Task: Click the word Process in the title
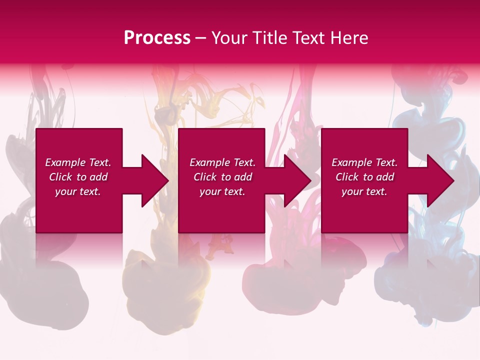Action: [157, 38]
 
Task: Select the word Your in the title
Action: [230, 38]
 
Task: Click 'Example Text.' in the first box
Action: [78, 162]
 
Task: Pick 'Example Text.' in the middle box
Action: [222, 162]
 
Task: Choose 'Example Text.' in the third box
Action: [364, 162]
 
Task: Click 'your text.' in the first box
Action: [78, 191]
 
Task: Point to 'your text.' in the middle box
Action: [222, 191]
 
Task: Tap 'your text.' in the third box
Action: [364, 191]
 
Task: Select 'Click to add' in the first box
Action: [78, 177]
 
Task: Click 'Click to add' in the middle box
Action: [222, 177]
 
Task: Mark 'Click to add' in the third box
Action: [364, 177]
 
